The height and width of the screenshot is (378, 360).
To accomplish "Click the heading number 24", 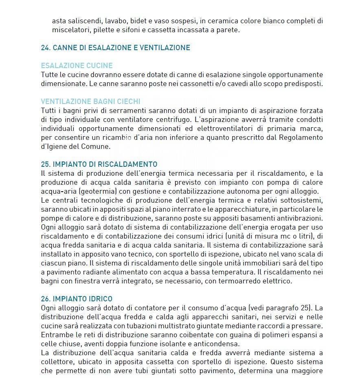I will click(x=45, y=48).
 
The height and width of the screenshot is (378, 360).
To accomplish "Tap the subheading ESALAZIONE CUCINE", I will click(x=77, y=66).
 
